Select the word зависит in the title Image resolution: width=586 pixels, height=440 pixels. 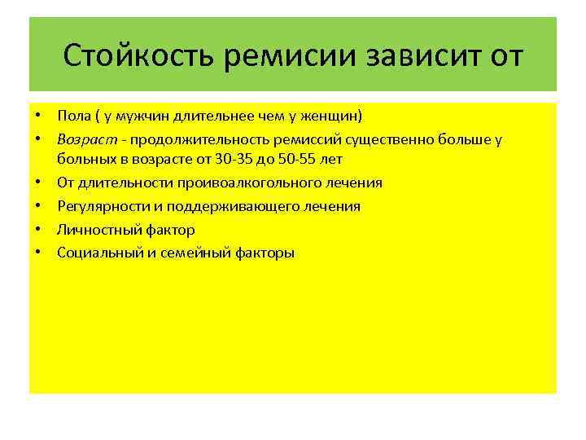pos(418,56)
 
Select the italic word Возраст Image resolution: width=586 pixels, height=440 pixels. pos(82,140)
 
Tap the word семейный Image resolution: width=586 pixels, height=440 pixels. pos(188,253)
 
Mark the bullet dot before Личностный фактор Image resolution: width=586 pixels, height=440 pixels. pos(37,230)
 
